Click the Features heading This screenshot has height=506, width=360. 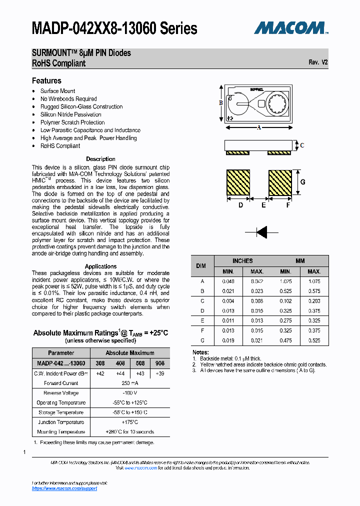(46, 80)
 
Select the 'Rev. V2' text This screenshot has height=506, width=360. (318, 62)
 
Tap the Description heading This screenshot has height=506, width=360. (100, 159)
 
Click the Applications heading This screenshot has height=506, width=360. (100, 266)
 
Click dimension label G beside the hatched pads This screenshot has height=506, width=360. (302, 182)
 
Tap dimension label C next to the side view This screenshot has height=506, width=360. (301, 145)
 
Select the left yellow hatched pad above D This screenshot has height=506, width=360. (238, 183)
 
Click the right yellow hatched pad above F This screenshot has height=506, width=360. (280, 183)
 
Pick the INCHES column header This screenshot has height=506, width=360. (242, 261)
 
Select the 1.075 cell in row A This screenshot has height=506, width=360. (314, 281)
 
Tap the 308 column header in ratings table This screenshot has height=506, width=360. (100, 363)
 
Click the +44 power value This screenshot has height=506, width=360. (120, 373)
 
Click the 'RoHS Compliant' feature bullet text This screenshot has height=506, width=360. (60, 146)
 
